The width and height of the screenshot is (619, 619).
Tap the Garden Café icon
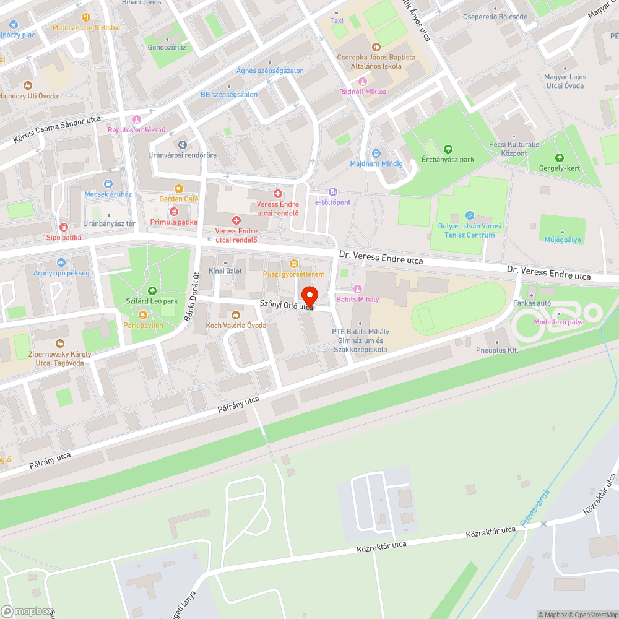179,189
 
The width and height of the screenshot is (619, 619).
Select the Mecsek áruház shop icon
108,184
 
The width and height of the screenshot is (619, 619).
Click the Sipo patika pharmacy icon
63,227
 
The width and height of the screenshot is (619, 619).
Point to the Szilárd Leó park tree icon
152,291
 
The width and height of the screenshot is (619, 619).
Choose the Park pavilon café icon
143,315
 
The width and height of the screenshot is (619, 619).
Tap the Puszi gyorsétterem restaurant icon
293,264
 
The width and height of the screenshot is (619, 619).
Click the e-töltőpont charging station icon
333,192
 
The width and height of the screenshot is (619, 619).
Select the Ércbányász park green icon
448,149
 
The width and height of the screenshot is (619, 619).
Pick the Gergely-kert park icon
560,158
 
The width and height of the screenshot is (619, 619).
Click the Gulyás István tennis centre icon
469,215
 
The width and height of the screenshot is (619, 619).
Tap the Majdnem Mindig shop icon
376,154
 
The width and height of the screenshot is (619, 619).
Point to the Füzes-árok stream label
535,508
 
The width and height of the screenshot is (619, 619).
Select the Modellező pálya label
560,322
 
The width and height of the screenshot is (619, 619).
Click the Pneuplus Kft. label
497,350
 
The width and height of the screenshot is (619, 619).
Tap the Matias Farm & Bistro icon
85,17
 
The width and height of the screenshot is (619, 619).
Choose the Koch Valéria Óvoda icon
235,315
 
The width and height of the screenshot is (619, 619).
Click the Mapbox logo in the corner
26,611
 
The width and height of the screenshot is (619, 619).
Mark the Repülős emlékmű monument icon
137,119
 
